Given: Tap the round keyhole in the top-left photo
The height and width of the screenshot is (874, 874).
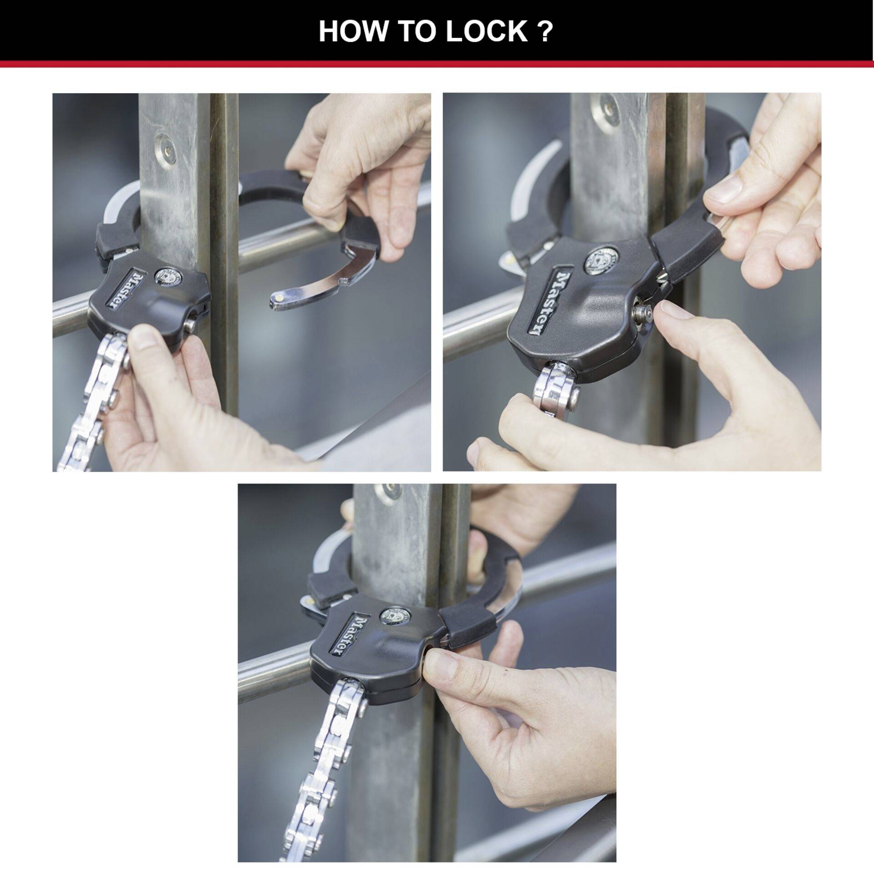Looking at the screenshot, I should pos(166,276).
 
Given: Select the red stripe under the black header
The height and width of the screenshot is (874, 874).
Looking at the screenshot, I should pos(437,64).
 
